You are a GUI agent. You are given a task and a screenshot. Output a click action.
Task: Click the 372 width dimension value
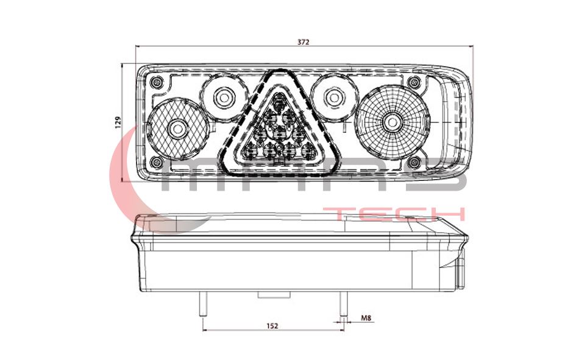click(303, 42)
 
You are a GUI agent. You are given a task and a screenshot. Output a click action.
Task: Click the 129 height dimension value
click(118, 122)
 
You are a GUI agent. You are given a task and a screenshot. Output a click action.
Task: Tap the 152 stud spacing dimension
click(272, 326)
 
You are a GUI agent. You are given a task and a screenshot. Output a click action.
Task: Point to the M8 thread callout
click(366, 318)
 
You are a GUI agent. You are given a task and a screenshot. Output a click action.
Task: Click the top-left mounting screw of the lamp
click(157, 82)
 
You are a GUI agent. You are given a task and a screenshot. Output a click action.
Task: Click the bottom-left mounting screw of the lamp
click(157, 161)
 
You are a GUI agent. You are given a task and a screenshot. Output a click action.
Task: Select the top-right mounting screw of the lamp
click(414, 82)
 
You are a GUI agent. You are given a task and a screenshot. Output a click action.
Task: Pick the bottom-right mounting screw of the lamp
click(414, 161)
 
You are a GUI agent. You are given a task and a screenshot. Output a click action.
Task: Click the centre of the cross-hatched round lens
click(178, 129)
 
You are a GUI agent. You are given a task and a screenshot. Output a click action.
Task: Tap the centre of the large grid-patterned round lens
click(393, 122)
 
